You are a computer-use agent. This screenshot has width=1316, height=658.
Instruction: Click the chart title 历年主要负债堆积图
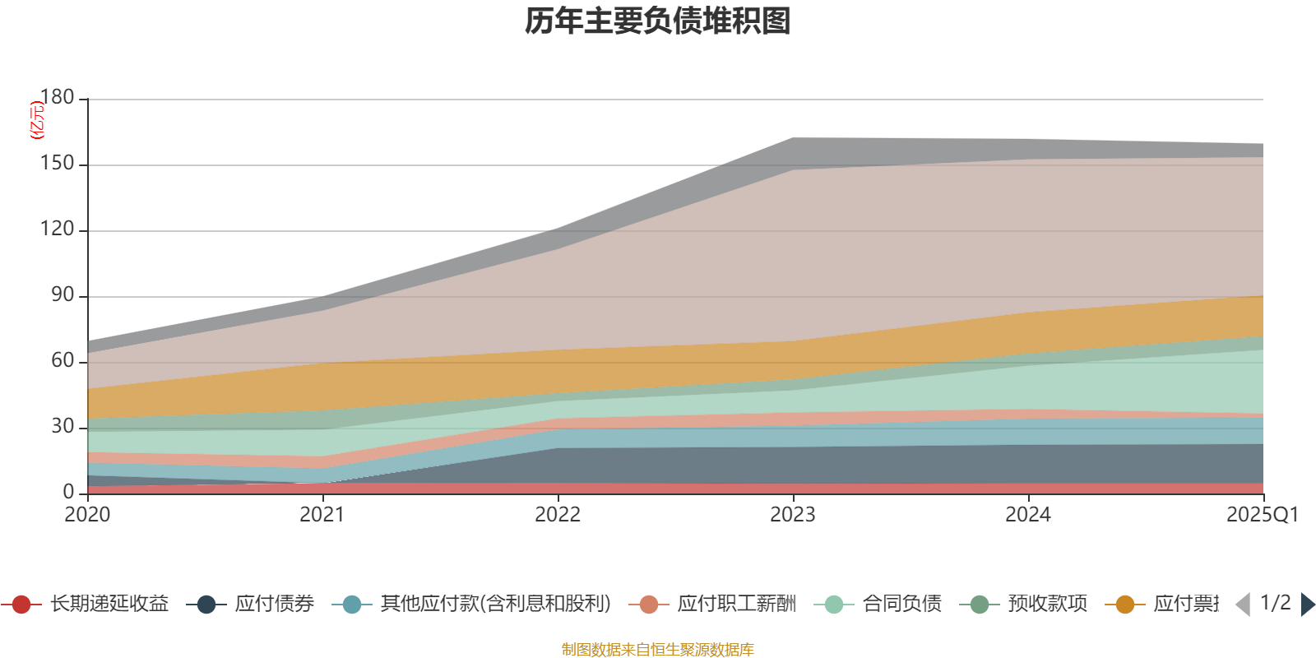658,21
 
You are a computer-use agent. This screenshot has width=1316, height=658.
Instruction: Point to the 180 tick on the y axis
58,97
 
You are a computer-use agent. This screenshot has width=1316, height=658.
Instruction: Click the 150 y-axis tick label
58,164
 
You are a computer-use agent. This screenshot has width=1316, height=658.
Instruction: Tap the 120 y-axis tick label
58,229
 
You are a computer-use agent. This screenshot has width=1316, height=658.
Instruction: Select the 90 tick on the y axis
63,295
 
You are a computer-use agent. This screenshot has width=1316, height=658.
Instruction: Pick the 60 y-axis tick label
63,360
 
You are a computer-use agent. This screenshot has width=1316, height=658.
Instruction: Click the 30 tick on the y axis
63,426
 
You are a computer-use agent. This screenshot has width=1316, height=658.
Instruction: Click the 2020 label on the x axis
87,515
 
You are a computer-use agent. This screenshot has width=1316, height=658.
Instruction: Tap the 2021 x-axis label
322,515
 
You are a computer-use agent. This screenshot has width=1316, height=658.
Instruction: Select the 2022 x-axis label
558,515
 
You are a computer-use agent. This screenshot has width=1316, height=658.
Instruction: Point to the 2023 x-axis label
793,515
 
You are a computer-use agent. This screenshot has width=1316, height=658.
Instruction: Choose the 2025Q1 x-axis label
1262,515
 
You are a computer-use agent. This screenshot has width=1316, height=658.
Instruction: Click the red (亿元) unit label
37,120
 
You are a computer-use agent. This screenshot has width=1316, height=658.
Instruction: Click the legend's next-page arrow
1307,605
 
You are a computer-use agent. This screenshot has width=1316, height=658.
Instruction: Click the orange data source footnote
658,650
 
